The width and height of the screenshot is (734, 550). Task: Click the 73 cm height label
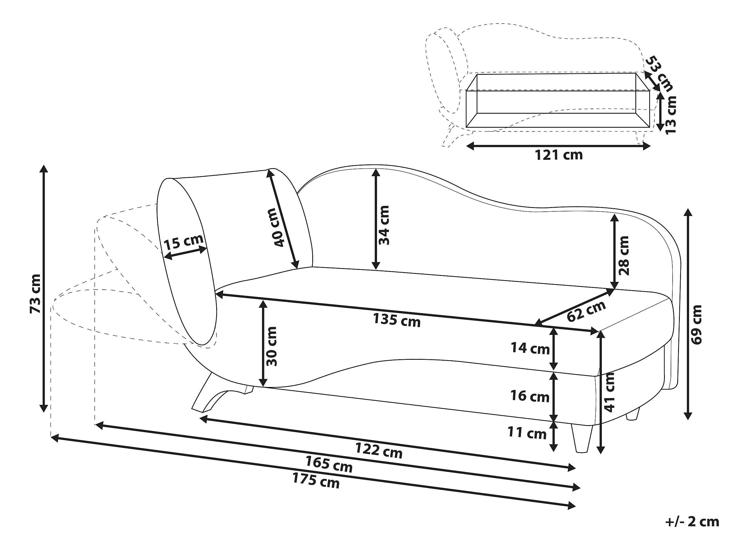click(35, 293)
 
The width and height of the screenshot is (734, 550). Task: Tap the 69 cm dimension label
click(698, 325)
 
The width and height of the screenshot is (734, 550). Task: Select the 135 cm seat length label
click(397, 320)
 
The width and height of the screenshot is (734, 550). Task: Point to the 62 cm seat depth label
click(586, 311)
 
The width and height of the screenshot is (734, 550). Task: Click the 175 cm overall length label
click(316, 480)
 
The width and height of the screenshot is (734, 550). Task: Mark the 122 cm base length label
click(379, 450)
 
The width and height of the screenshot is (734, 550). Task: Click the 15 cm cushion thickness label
click(183, 242)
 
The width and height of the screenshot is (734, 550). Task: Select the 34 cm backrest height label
click(384, 225)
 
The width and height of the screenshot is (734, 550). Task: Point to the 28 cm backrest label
click(624, 255)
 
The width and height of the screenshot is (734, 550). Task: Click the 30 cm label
click(272, 346)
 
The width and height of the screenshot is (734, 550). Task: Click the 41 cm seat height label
click(609, 392)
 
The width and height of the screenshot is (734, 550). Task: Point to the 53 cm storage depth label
click(660, 74)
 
